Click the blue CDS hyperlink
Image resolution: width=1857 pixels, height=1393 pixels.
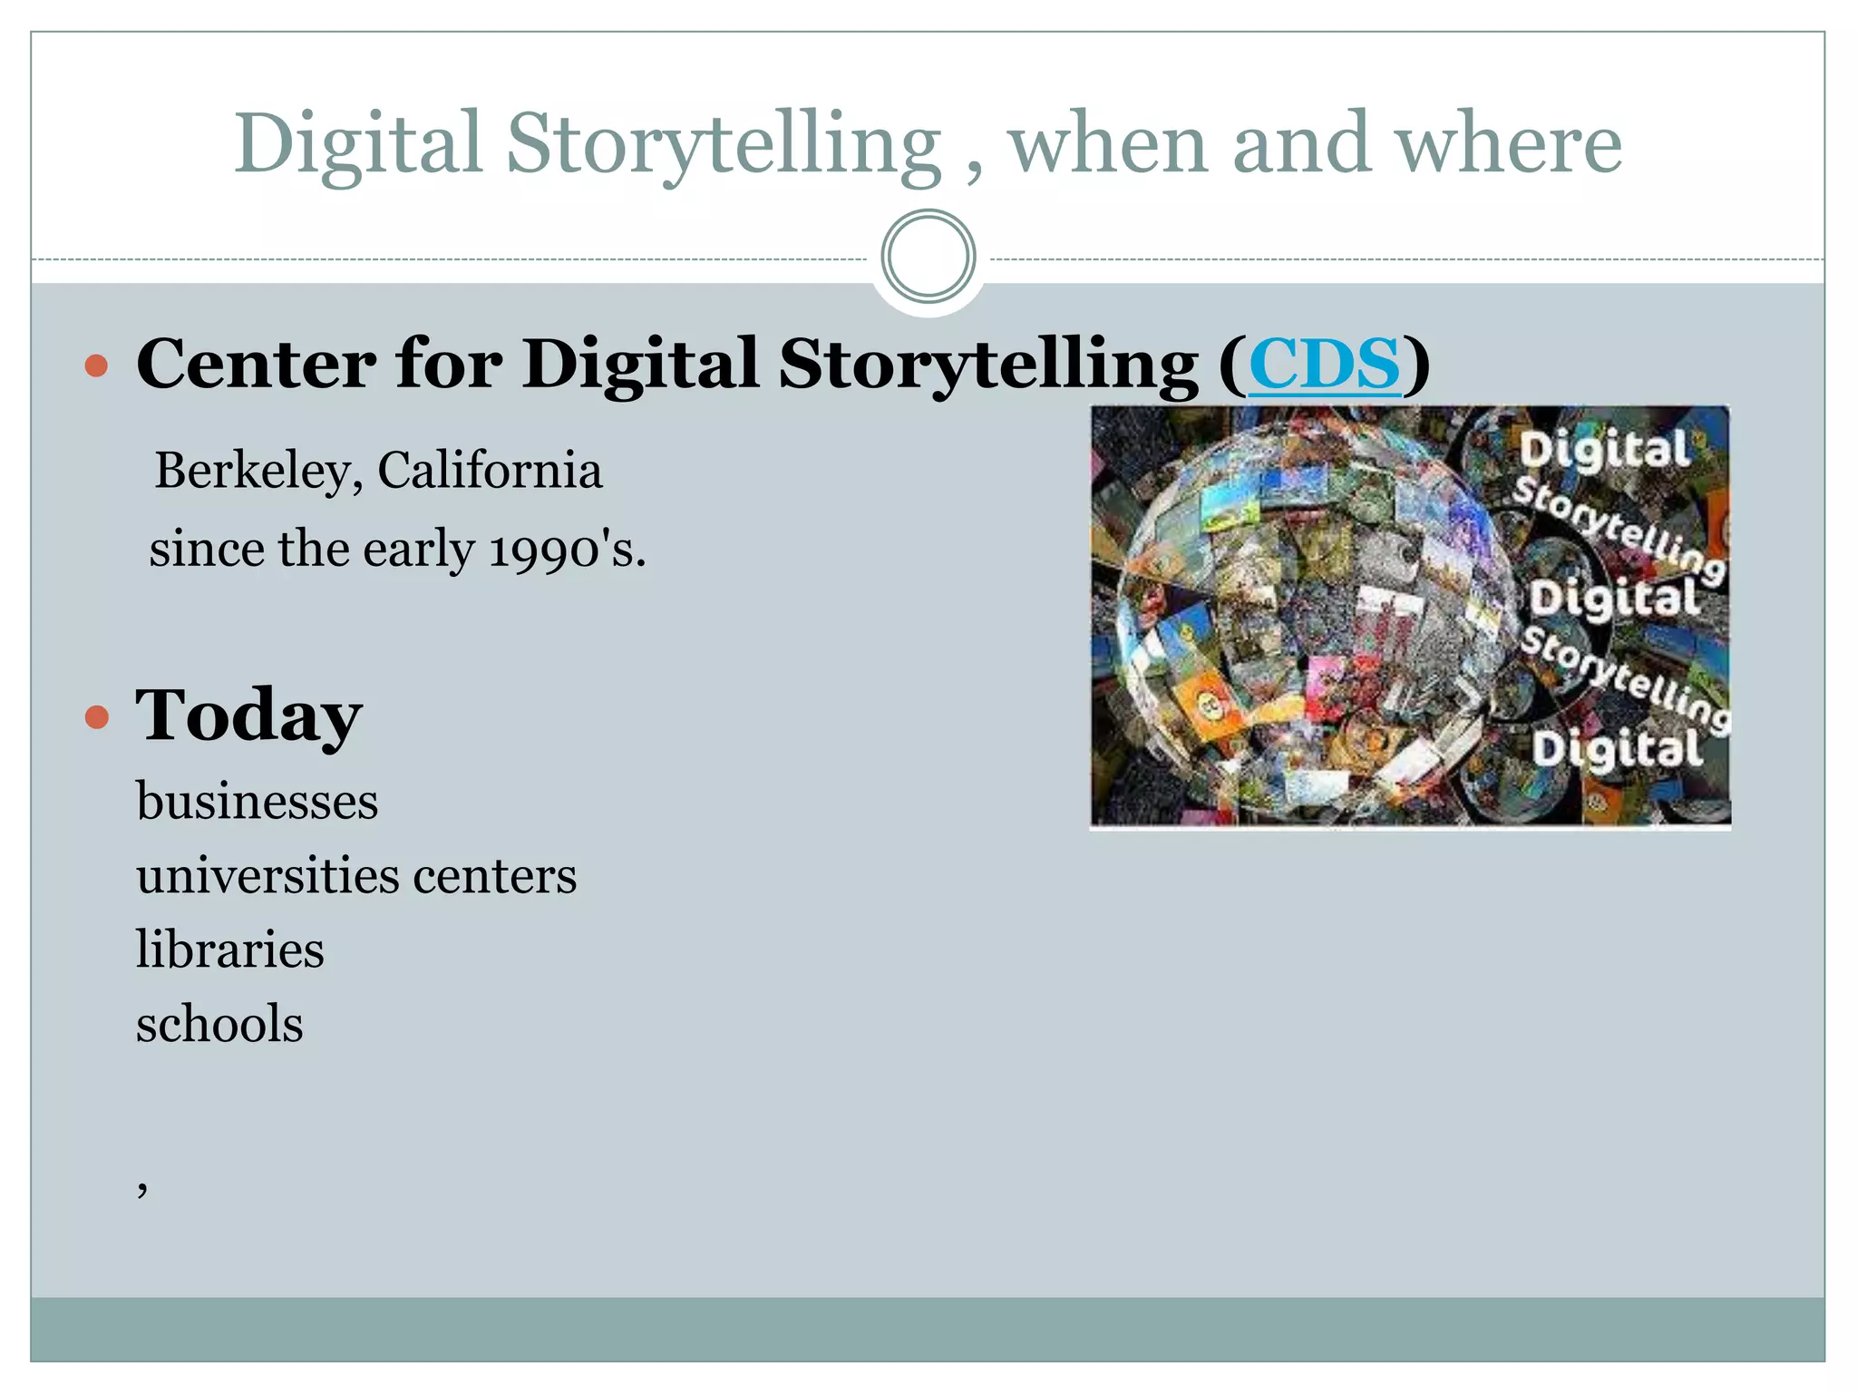coord(1325,364)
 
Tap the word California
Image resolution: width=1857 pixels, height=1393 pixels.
coord(490,472)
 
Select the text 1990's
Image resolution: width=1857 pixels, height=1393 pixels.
coord(567,550)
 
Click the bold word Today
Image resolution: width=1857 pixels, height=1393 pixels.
coord(248,716)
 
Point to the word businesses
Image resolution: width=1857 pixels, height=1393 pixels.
coord(258,802)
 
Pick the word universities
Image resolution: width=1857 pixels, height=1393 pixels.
coord(267,876)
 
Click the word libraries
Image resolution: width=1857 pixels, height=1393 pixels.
coord(230,950)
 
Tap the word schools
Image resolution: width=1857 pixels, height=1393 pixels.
coord(219,1025)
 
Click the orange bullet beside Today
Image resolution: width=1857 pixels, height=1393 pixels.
coord(96,718)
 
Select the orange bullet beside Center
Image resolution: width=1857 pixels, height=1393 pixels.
coord(96,366)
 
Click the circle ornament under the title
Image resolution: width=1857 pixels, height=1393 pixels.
coord(928,257)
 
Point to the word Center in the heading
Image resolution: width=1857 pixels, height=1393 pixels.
coord(257,364)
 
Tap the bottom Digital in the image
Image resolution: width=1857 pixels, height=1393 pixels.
coord(1618,750)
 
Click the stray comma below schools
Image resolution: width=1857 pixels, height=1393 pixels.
coord(142,1188)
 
